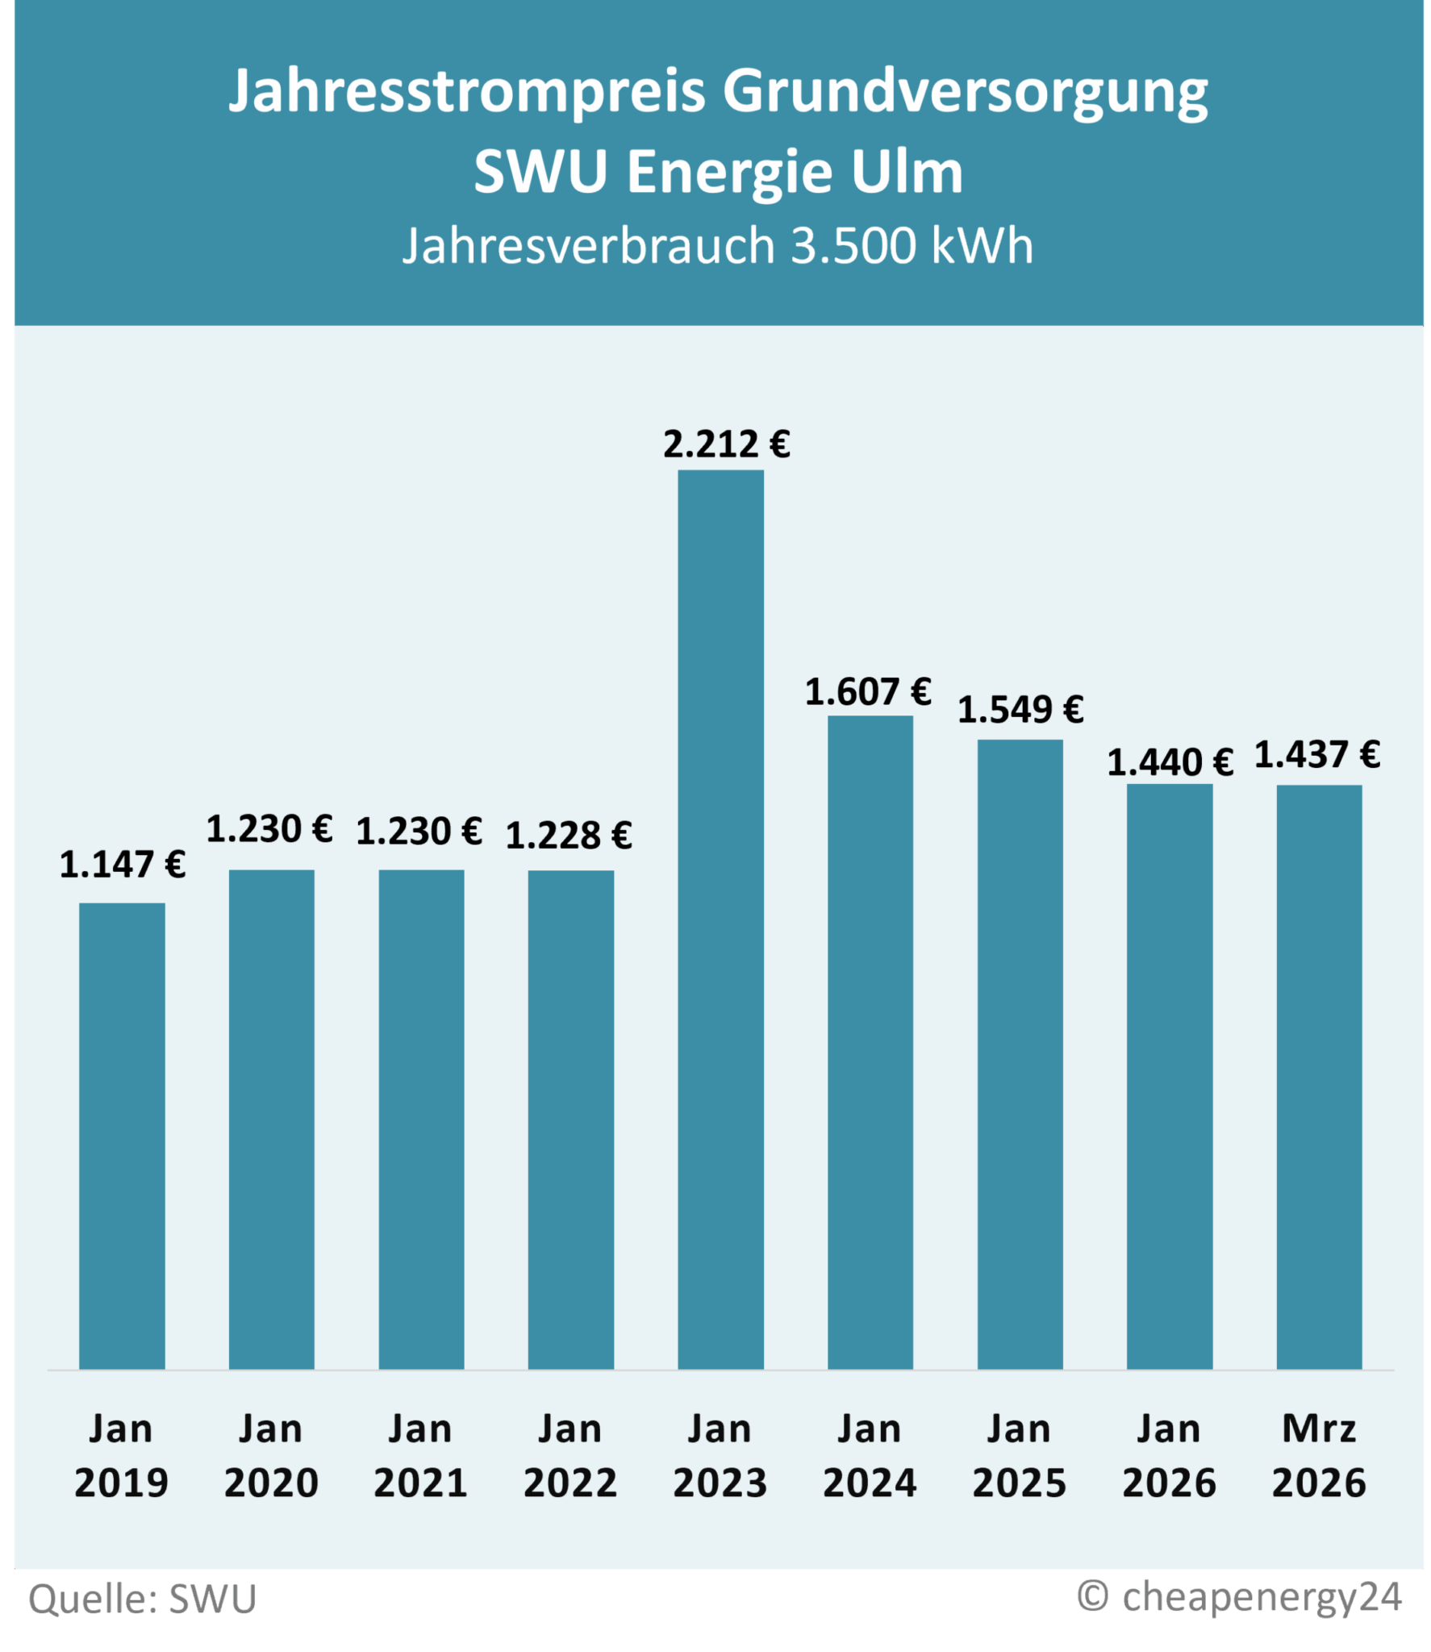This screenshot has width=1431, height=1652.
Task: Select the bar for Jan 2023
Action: (x=720, y=920)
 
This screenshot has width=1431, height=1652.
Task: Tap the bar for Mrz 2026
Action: (x=1319, y=1077)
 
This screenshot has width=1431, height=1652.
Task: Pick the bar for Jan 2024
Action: (x=870, y=1042)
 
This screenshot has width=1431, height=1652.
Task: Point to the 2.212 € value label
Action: (x=726, y=444)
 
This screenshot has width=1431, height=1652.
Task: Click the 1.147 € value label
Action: (x=123, y=865)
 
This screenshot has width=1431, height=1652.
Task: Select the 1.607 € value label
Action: (x=868, y=692)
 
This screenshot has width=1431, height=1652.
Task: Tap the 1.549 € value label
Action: (x=1020, y=710)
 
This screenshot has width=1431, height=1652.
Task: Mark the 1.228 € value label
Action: (x=569, y=836)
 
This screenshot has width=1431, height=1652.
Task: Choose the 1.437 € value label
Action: (x=1317, y=755)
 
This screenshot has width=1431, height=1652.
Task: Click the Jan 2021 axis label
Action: (x=420, y=1455)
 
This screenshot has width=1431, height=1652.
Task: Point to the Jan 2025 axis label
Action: (x=1020, y=1455)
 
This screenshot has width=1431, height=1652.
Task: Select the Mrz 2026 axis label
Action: (x=1319, y=1455)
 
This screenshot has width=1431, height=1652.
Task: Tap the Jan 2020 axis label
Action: (x=271, y=1455)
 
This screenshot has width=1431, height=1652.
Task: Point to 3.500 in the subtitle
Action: (x=853, y=245)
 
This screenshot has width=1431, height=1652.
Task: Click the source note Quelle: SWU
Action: (x=143, y=1599)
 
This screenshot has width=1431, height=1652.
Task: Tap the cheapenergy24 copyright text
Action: (x=1240, y=1596)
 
